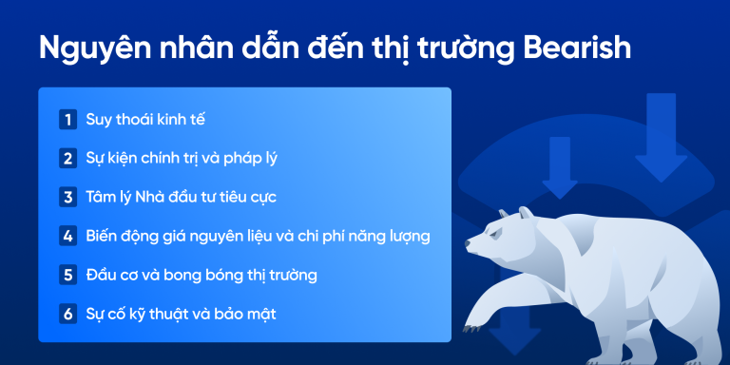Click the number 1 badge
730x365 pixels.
point(67,120)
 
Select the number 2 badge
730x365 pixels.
point(67,159)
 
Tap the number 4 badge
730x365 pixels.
point(67,236)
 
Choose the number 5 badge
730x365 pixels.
point(67,275)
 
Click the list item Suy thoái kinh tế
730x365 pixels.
point(144,120)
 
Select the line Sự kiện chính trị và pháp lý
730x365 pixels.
point(182,159)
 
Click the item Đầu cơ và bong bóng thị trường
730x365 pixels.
point(201,275)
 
